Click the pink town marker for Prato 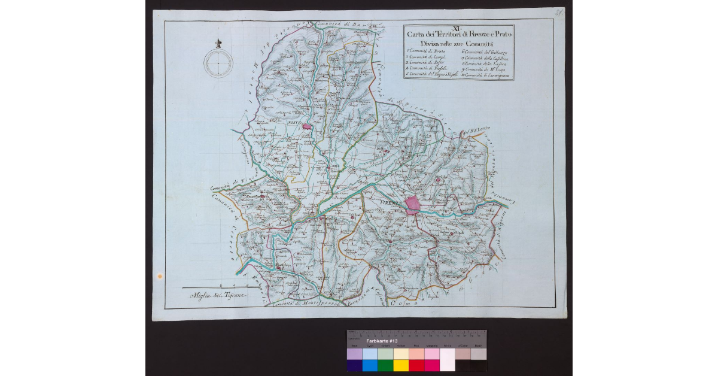[308, 126]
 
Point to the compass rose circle [218, 62]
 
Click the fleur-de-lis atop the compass [218, 43]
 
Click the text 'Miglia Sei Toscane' [218, 296]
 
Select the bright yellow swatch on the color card [400, 365]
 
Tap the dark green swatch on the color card [385, 365]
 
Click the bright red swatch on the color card [416, 365]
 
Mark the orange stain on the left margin [159, 276]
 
